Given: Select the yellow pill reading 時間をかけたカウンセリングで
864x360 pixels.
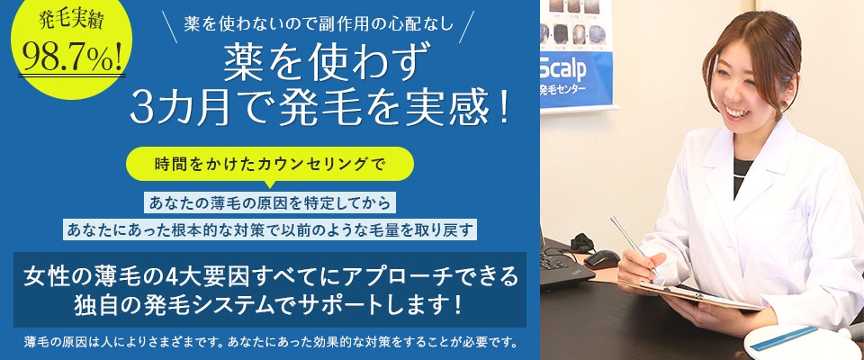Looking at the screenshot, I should coord(269,165).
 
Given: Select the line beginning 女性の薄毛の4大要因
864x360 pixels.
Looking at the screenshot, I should coord(270,275).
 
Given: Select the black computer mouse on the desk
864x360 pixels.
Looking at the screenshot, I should coord(600,258).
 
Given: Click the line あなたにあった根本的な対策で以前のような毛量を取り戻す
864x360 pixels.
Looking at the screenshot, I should coord(270,229).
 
